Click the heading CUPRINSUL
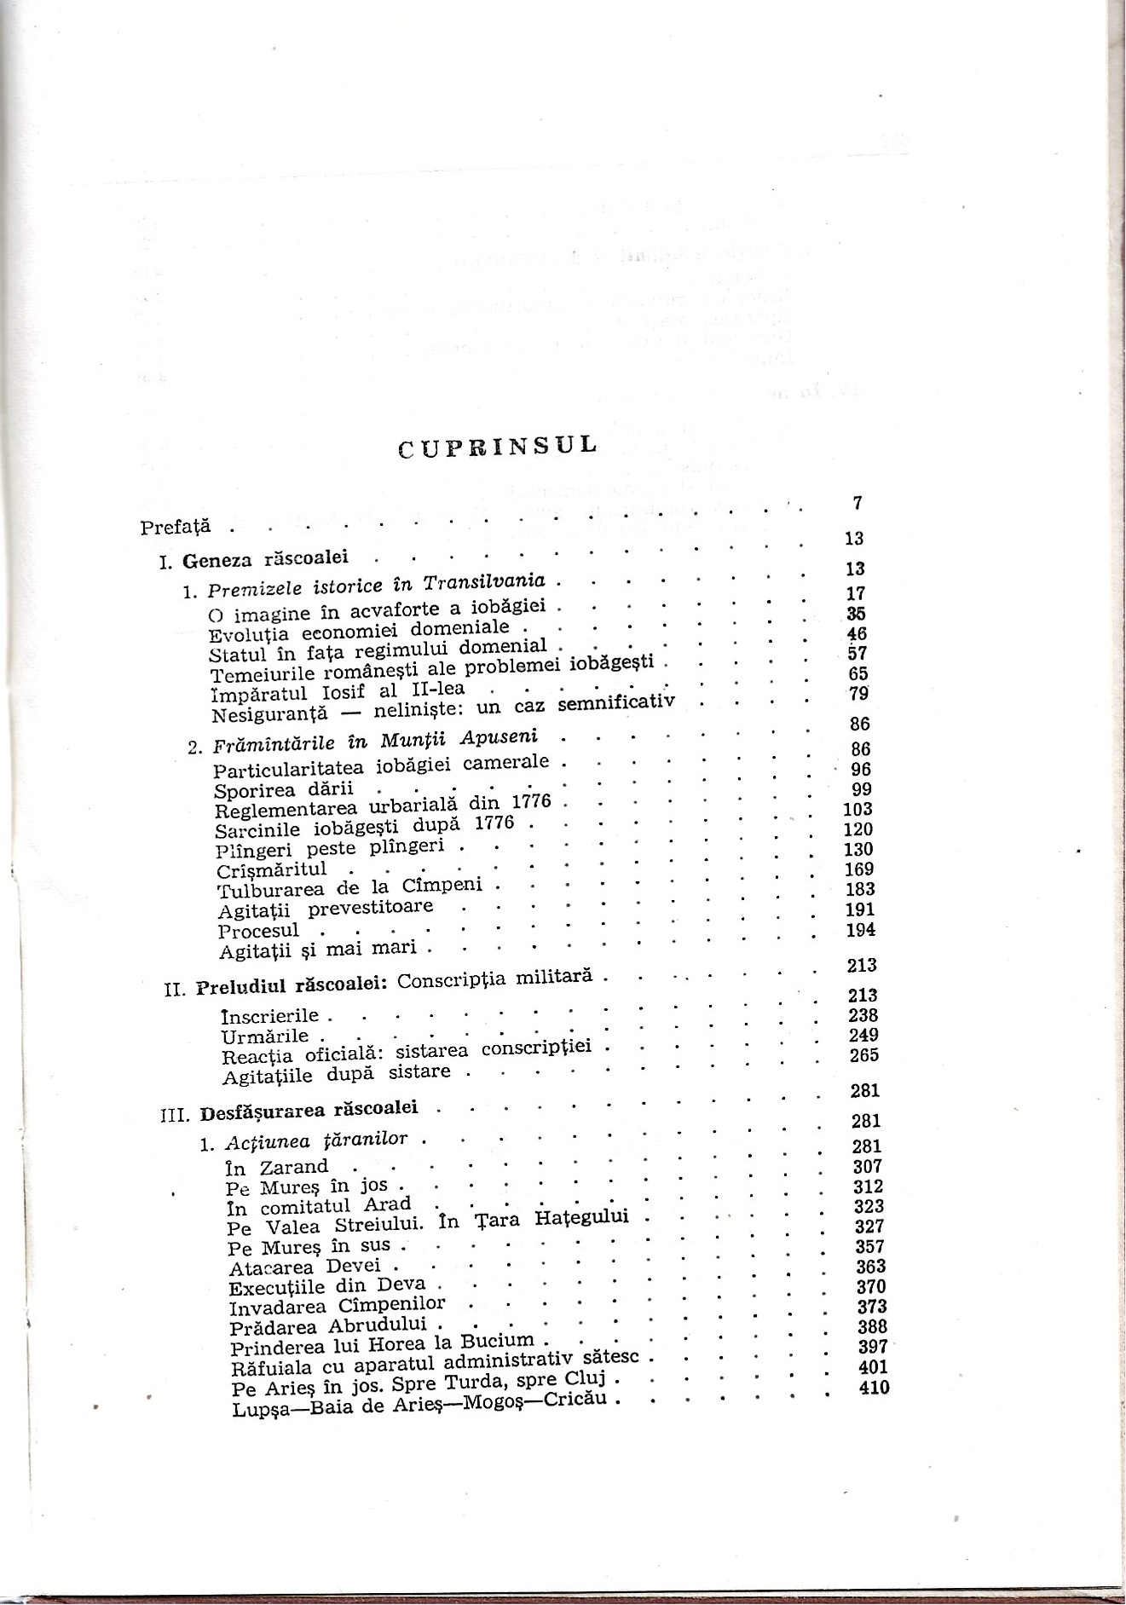498,448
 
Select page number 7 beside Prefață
857,504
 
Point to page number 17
857,593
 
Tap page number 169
859,869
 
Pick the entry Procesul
258,931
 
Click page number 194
861,930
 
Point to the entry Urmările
265,1036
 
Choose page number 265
863,1055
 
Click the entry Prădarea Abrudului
331,1328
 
